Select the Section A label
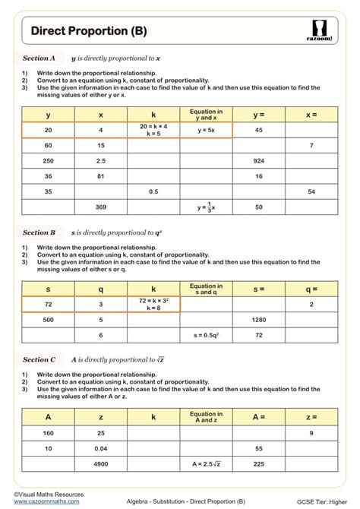tap(39, 58)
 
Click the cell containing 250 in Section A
tap(49, 160)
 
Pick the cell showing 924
tap(258, 160)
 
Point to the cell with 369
tap(101, 207)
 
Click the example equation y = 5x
tap(206, 130)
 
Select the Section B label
tap(39, 232)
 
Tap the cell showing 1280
tap(258, 320)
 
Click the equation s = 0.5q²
tap(206, 335)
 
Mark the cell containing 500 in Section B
tap(49, 320)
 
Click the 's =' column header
tap(258, 289)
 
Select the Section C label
tap(39, 359)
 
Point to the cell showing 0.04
tap(101, 448)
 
